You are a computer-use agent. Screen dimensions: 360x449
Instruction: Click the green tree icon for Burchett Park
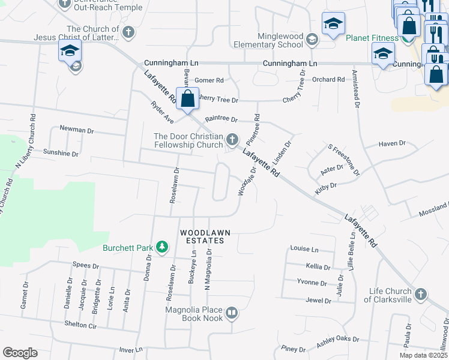coord(161,247)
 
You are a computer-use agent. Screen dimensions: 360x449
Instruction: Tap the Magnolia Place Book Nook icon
coord(232,313)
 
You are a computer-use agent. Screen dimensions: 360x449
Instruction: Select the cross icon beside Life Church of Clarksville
coord(421,295)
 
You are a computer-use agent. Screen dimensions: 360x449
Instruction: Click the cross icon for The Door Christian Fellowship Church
coord(232,140)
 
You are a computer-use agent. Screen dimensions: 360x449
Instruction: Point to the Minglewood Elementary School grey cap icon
coord(312,40)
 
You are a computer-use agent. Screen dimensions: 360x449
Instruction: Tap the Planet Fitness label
coord(372,38)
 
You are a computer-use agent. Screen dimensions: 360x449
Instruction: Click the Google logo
coord(20,352)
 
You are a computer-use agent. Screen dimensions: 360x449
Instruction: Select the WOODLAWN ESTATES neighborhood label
coord(202,236)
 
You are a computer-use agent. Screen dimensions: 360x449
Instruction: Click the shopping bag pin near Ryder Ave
coord(188,98)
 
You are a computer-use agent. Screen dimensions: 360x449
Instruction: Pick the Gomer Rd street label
coord(209,80)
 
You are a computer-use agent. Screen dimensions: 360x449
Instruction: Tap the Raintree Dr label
coord(221,119)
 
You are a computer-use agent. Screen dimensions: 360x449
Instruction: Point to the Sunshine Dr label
coord(61,154)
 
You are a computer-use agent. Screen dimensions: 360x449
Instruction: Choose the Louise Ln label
coord(304,248)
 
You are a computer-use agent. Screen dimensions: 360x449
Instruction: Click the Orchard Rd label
coord(328,79)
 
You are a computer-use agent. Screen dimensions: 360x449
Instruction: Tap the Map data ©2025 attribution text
coord(420,355)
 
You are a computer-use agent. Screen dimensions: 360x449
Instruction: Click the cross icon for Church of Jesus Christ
coord(128,32)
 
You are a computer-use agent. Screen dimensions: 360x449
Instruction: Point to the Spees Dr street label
coord(85,265)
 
